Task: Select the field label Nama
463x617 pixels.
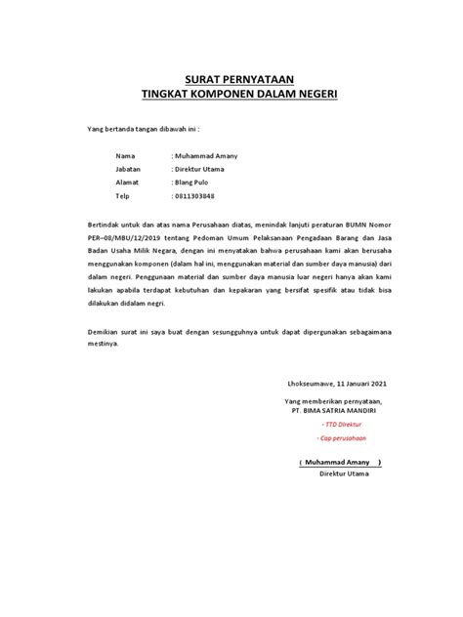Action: pyautogui.click(x=125, y=157)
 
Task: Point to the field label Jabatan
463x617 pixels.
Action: pyautogui.click(x=130, y=170)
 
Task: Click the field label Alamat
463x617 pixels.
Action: pyautogui.click(x=129, y=183)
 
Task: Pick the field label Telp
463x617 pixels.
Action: pyautogui.click(x=124, y=195)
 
